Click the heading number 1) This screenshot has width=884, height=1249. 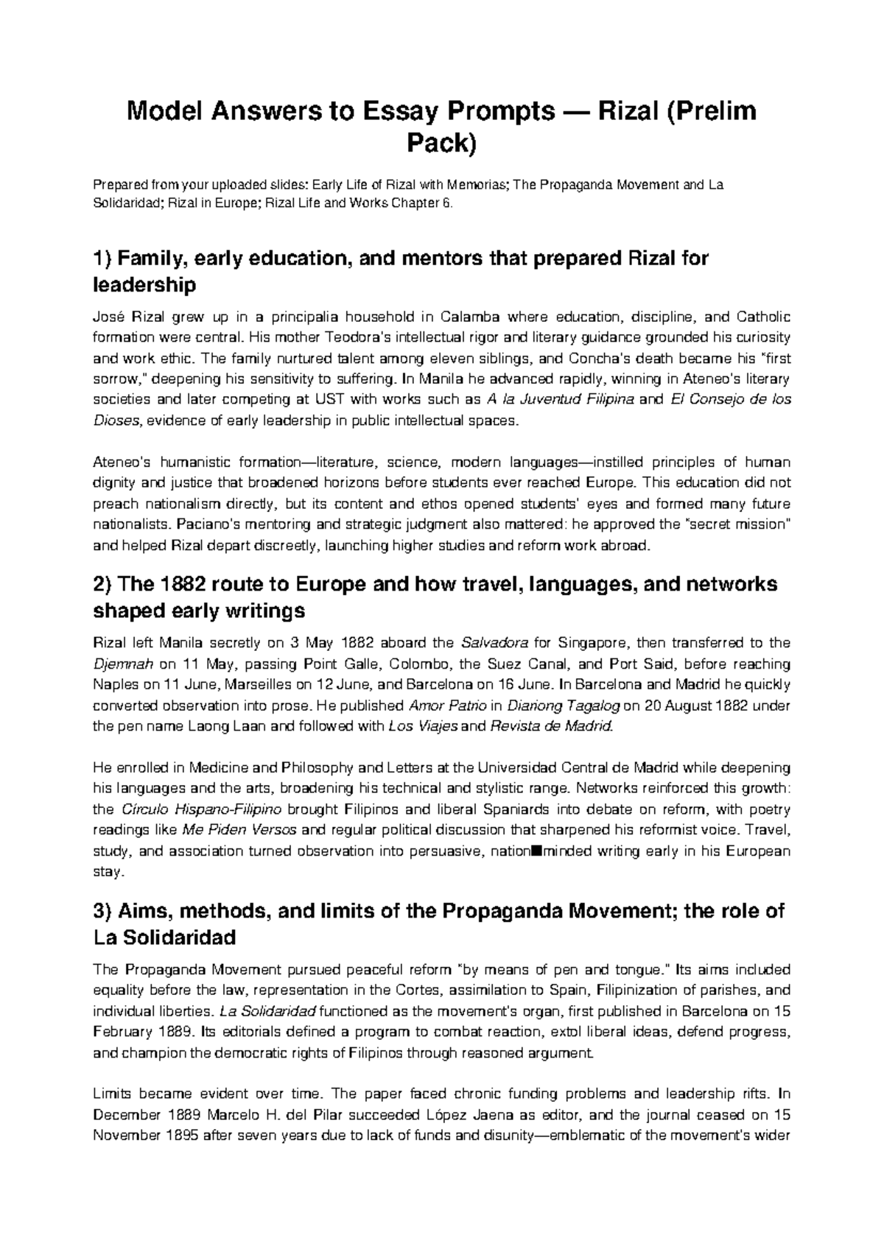[x=103, y=259]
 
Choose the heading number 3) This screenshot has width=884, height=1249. [x=103, y=911]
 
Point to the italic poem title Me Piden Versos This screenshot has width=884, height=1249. [x=239, y=831]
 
